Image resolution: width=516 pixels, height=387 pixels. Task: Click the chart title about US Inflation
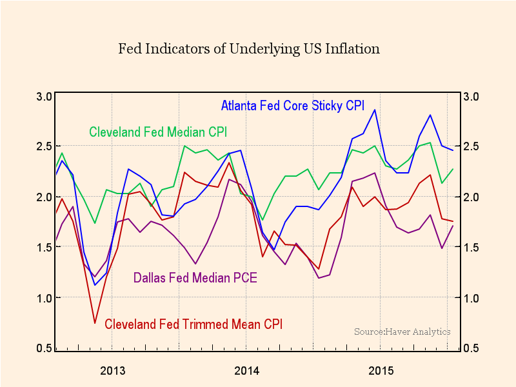point(249,49)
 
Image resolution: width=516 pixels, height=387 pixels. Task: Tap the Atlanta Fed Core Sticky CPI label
point(293,105)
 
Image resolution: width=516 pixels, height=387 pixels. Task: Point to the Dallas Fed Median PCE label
point(195,279)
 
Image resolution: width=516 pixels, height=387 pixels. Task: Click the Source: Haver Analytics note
point(402,332)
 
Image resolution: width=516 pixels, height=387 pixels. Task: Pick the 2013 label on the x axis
point(113,371)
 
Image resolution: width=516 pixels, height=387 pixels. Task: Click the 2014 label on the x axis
point(247,371)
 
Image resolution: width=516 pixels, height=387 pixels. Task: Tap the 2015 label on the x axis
point(381,371)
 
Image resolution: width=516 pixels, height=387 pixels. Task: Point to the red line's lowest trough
point(95,323)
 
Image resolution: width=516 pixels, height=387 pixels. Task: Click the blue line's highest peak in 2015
point(375,110)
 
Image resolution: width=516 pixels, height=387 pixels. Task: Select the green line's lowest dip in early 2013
point(95,223)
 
